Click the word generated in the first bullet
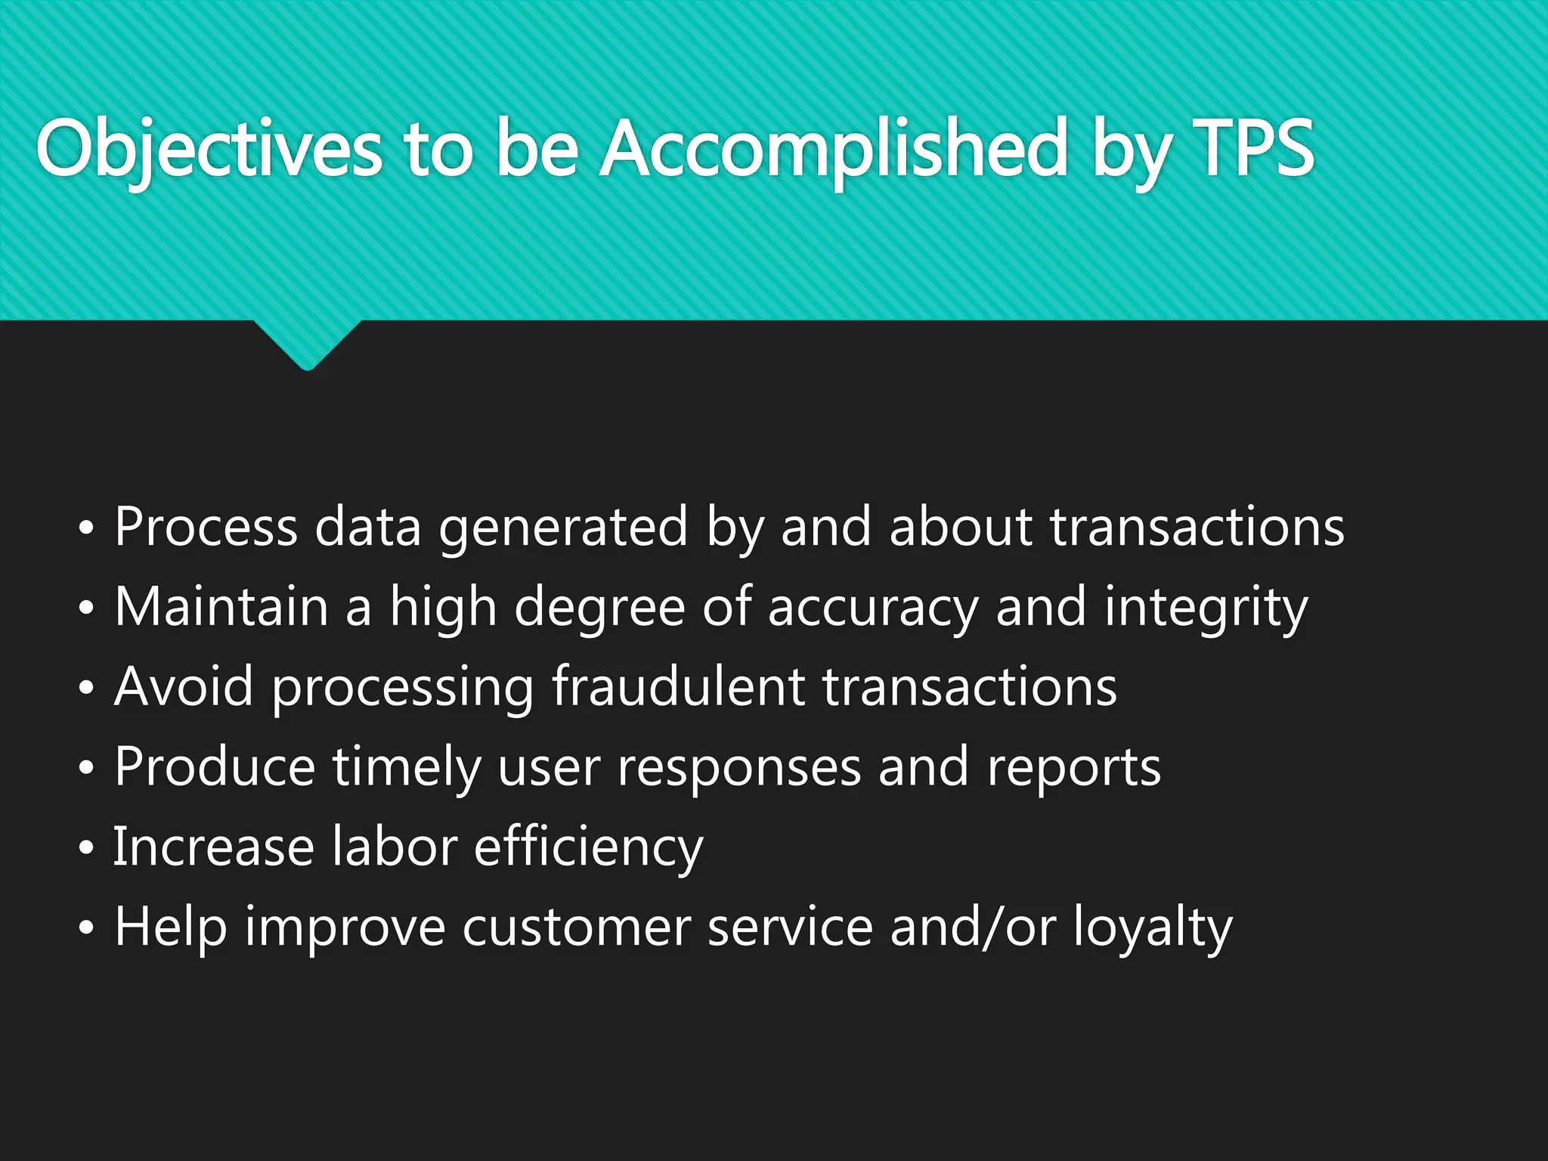coord(563,528)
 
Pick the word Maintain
coord(221,607)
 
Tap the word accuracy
coord(873,608)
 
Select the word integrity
coord(1206,608)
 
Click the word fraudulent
coord(678,687)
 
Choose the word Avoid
coord(184,687)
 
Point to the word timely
coord(407,768)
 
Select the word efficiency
coord(589,848)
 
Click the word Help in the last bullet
coord(171,928)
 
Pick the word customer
coord(577,928)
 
